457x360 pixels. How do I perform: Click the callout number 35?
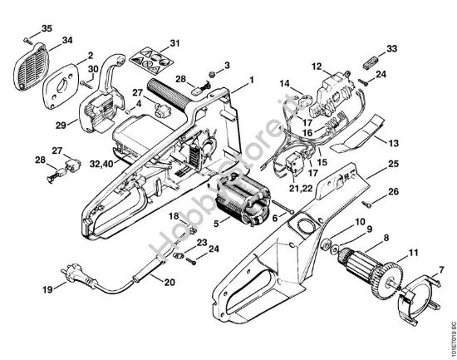point(47,28)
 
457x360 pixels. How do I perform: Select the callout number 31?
point(174,42)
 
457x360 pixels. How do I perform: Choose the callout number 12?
point(317,65)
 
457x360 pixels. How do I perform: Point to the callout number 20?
point(169,283)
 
